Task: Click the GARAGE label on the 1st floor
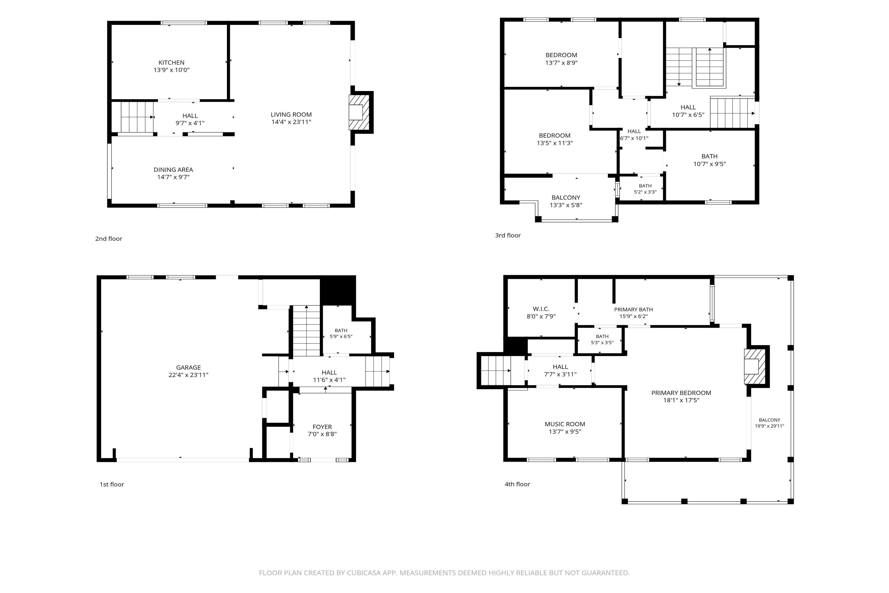click(188, 368)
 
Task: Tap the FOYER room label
click(322, 427)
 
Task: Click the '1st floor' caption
click(112, 485)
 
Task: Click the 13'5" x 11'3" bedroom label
click(554, 139)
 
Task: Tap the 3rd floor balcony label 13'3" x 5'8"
click(566, 201)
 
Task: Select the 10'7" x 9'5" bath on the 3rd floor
click(709, 160)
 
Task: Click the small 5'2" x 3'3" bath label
click(645, 189)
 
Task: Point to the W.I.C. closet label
click(541, 309)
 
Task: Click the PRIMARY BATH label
click(633, 309)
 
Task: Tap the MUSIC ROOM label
click(565, 424)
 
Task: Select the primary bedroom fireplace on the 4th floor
click(754, 366)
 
